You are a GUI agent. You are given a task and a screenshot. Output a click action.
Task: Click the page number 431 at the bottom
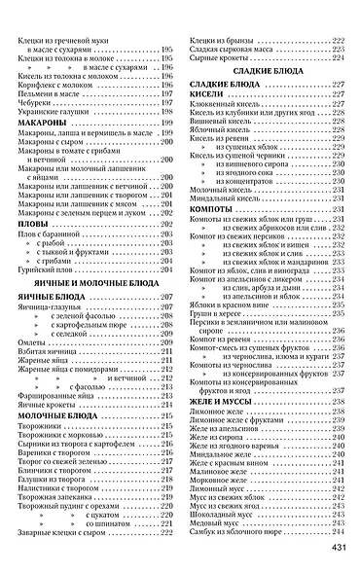[x=341, y=547]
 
